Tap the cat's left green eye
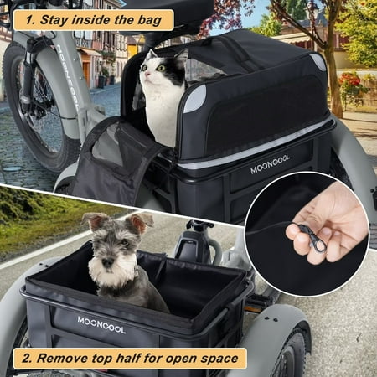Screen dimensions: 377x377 point(161,68)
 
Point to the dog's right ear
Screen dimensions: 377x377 point(141,222)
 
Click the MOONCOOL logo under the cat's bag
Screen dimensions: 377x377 point(270,164)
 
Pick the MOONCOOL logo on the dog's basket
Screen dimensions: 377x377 point(101,325)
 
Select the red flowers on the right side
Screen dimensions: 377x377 point(349,80)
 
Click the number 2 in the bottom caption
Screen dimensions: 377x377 point(27,359)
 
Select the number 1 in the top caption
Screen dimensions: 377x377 point(30,20)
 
